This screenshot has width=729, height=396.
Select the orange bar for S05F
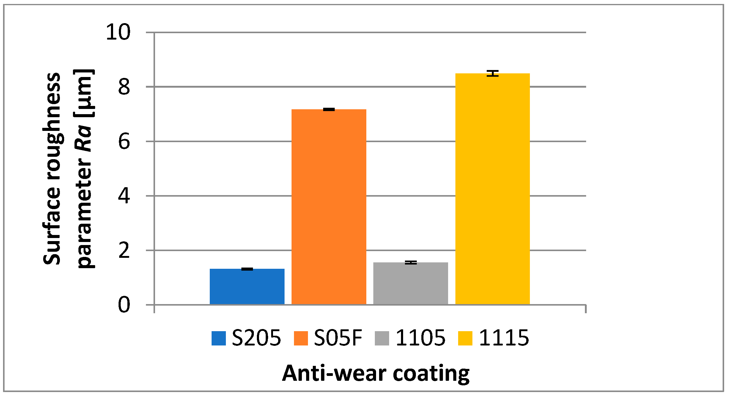[x=329, y=207]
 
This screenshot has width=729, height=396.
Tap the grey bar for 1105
[x=410, y=283]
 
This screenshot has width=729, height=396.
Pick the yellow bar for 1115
[x=492, y=189]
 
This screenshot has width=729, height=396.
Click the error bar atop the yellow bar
[x=492, y=73]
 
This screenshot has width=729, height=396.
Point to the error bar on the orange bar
[x=329, y=109]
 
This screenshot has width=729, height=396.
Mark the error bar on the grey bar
[x=411, y=262]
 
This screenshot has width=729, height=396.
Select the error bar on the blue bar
[x=247, y=269]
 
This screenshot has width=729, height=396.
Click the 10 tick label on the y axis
[x=118, y=32]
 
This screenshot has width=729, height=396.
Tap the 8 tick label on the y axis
[x=124, y=87]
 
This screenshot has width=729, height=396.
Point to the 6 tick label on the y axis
[x=124, y=142]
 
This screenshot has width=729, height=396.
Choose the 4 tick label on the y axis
[x=124, y=196]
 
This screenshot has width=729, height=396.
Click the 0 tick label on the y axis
[x=124, y=305]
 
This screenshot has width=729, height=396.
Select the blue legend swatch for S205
[x=219, y=338]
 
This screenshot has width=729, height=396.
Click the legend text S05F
[x=338, y=338]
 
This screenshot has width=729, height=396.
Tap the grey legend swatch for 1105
[x=382, y=338]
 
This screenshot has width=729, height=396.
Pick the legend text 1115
[x=504, y=338]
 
